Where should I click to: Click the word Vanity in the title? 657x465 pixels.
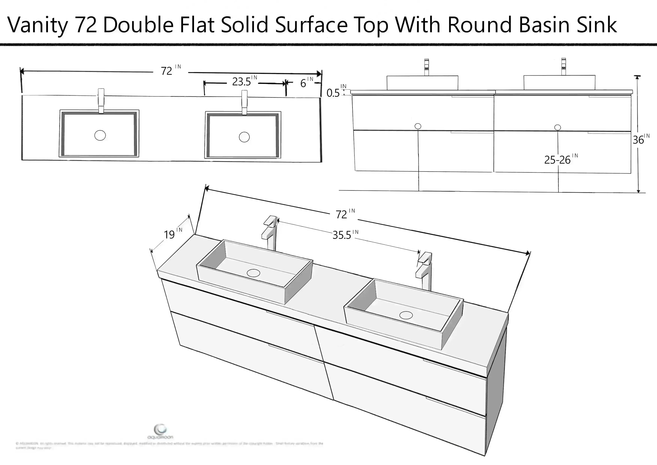pyautogui.click(x=37, y=25)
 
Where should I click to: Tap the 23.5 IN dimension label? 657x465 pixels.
pyautogui.click(x=244, y=81)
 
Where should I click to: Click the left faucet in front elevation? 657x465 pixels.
pyautogui.click(x=426, y=67)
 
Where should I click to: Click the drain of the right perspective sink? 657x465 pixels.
pyautogui.click(x=406, y=315)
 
